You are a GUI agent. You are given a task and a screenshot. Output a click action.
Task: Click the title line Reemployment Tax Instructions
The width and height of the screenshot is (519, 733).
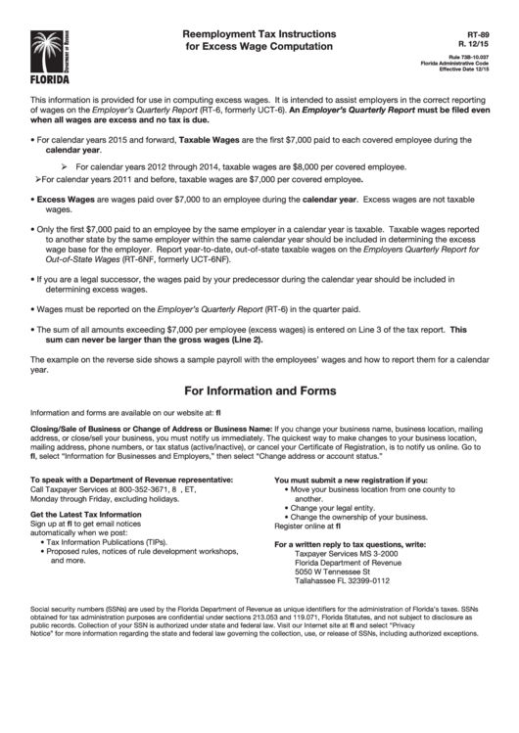tap(259, 32)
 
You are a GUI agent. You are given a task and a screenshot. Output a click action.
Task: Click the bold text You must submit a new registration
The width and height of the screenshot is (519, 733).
tap(351, 480)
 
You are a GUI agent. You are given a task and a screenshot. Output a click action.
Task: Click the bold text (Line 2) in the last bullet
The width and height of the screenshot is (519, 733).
tap(244, 340)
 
